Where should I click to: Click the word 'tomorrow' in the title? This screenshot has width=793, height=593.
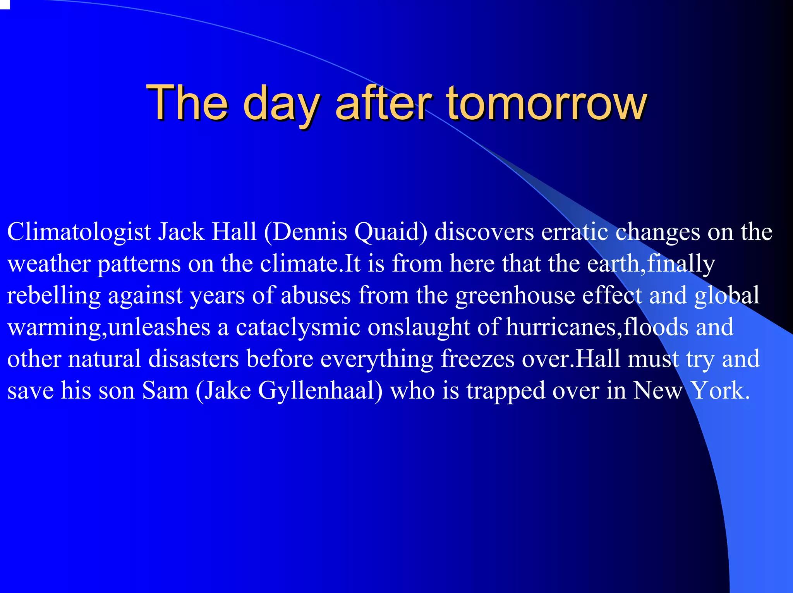pos(546,103)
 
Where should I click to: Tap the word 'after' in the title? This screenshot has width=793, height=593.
pos(383,103)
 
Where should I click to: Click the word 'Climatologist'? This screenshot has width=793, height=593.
pos(79,232)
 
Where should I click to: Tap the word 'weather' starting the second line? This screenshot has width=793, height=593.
pos(49,264)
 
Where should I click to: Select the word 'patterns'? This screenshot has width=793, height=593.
pos(139,265)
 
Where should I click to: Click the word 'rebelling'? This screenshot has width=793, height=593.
pos(54,296)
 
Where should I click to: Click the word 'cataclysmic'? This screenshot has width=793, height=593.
pos(298,327)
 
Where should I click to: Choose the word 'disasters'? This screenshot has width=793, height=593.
pos(194,359)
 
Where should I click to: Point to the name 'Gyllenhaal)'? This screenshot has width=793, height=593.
pos(320,391)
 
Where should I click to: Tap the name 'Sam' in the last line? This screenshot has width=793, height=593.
pos(165,390)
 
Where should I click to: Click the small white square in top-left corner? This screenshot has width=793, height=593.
pos(4,4)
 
